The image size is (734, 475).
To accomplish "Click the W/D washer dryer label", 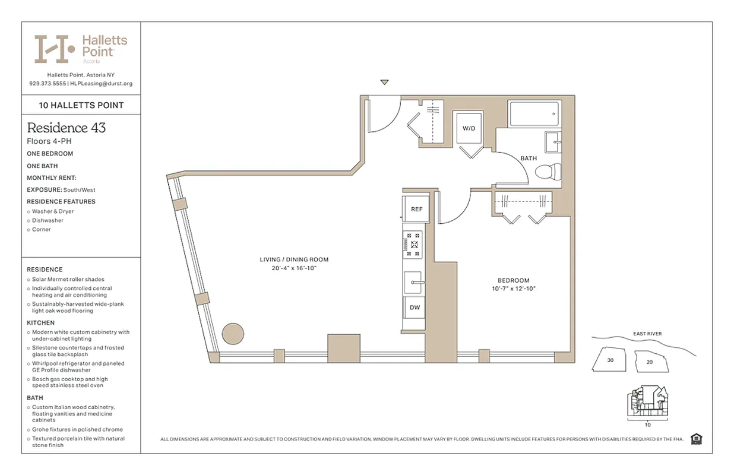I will pos(469,128).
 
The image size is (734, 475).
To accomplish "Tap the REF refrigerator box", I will pos(416,209).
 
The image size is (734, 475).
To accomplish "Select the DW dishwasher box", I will pos(415,308).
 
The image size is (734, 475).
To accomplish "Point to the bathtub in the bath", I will pos(534,114).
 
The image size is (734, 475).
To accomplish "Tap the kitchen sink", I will pos(415,282).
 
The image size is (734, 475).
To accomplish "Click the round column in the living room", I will pos(233,333).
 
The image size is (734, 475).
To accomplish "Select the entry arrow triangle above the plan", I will pos(384,82).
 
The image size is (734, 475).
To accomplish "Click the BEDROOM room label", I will pos(513,280).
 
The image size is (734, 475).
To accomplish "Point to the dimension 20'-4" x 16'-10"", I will pos(293,268).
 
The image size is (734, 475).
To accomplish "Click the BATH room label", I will pos(528,159).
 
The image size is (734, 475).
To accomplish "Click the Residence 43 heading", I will pos(66,128).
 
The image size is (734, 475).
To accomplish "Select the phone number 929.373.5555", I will pos(47,84).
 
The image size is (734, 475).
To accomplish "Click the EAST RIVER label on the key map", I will pos(646,334).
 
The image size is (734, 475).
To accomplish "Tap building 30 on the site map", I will pos(610,360).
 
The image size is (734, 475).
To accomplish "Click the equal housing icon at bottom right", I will pos(697,439).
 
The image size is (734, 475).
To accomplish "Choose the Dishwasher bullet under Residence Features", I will pos(48,220).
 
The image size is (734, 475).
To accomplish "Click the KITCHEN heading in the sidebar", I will pos(40,323).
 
